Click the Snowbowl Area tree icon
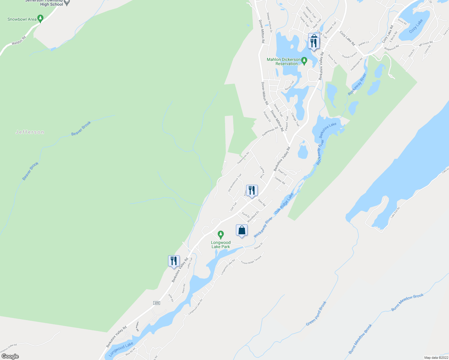pyautogui.click(x=41, y=19)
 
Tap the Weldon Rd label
pyautogui.click(x=19, y=41)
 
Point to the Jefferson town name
pyautogui.click(x=30, y=132)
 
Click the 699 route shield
pyautogui.click(x=156, y=303)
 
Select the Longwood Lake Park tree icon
pyautogui.click(x=221, y=234)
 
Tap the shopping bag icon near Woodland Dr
pyautogui.click(x=242, y=230)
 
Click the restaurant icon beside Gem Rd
pyautogui.click(x=252, y=190)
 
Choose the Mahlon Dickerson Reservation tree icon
pyautogui.click(x=304, y=61)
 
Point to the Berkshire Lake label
pyautogui.click(x=327, y=130)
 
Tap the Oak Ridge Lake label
pyautogui.click(x=284, y=203)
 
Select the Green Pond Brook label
pyautogui.click(x=316, y=314)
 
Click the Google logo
pyautogui.click(x=10, y=356)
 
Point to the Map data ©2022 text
pyautogui.click(x=436, y=358)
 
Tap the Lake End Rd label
pyautogui.click(x=395, y=213)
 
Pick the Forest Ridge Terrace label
pyautogui.click(x=251, y=260)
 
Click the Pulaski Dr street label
pyautogui.click(x=267, y=117)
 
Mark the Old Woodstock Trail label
pyautogui.click(x=234, y=183)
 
